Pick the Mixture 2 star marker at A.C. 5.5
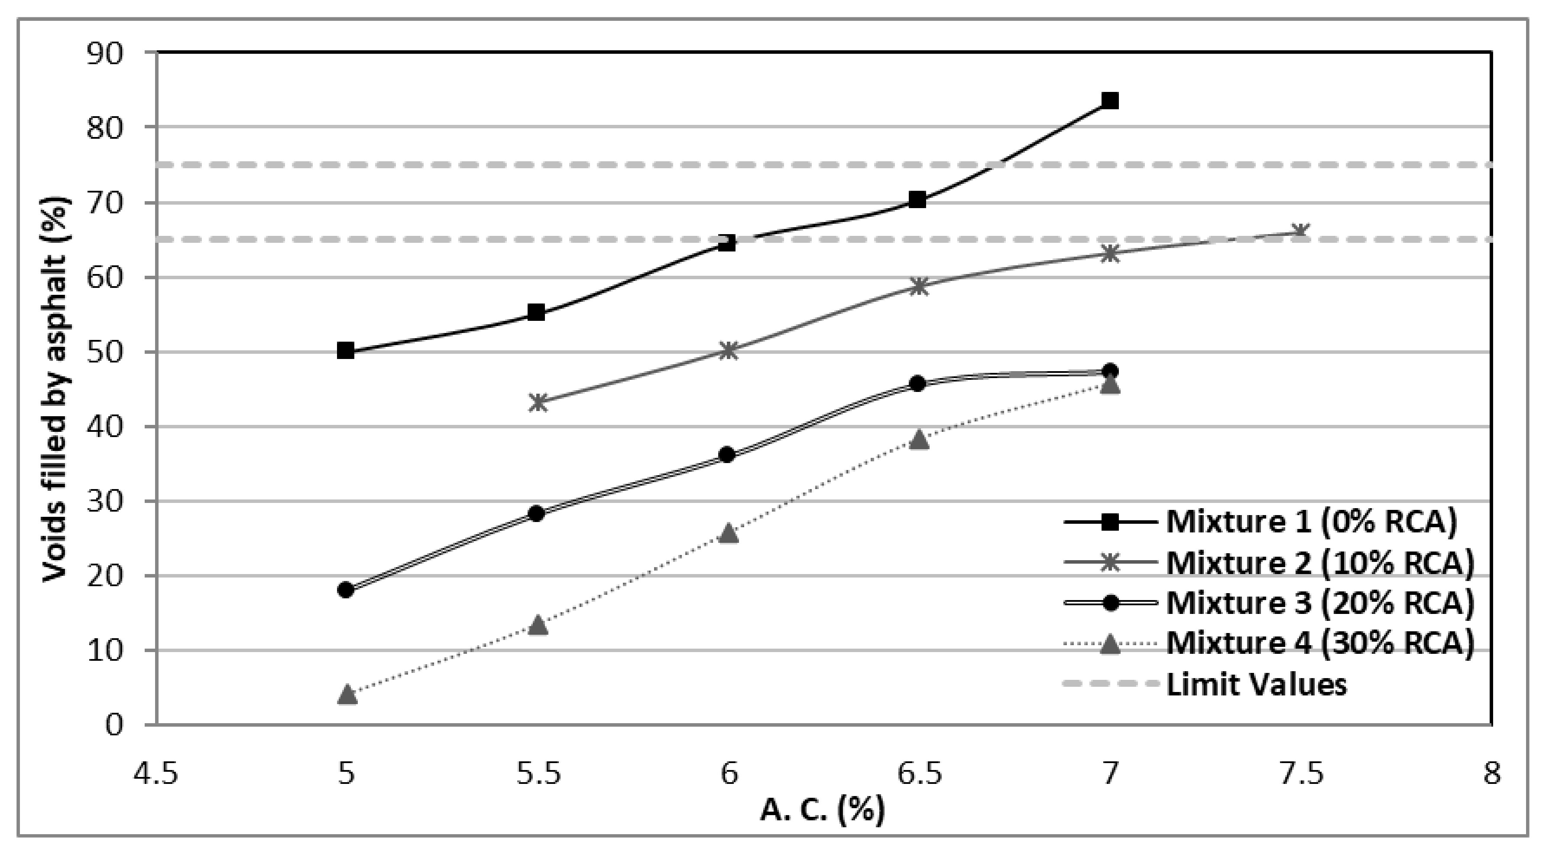click(x=538, y=402)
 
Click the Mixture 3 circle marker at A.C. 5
click(x=346, y=590)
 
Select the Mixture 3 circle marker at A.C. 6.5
click(x=917, y=383)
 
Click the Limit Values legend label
click(x=1257, y=684)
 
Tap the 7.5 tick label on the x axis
click(x=1301, y=774)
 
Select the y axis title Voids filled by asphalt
click(x=56, y=389)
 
